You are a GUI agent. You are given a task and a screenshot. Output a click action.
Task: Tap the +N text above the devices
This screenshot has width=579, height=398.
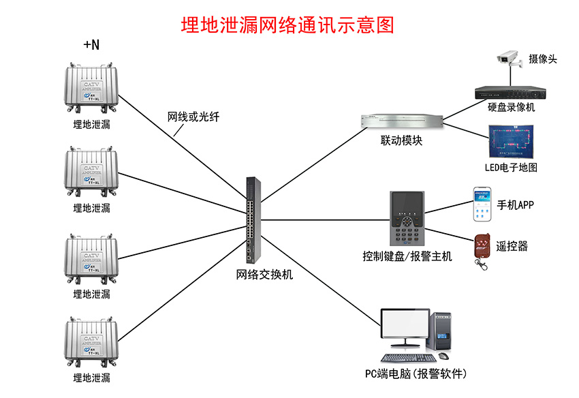point(91,45)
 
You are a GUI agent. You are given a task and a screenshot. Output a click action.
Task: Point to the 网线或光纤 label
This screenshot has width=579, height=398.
point(193,117)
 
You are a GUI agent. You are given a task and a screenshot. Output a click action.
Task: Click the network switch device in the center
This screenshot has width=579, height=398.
point(253,219)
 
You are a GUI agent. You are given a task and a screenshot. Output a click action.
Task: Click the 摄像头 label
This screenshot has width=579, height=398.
point(542,59)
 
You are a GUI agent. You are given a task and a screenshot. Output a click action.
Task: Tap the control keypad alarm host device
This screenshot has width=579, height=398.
point(407,219)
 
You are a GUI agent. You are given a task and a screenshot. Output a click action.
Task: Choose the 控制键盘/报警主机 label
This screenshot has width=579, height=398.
point(407,257)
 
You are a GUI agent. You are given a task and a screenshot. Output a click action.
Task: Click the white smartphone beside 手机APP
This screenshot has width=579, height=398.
point(482,203)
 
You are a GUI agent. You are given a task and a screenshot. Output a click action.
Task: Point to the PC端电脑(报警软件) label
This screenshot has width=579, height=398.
point(415,373)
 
